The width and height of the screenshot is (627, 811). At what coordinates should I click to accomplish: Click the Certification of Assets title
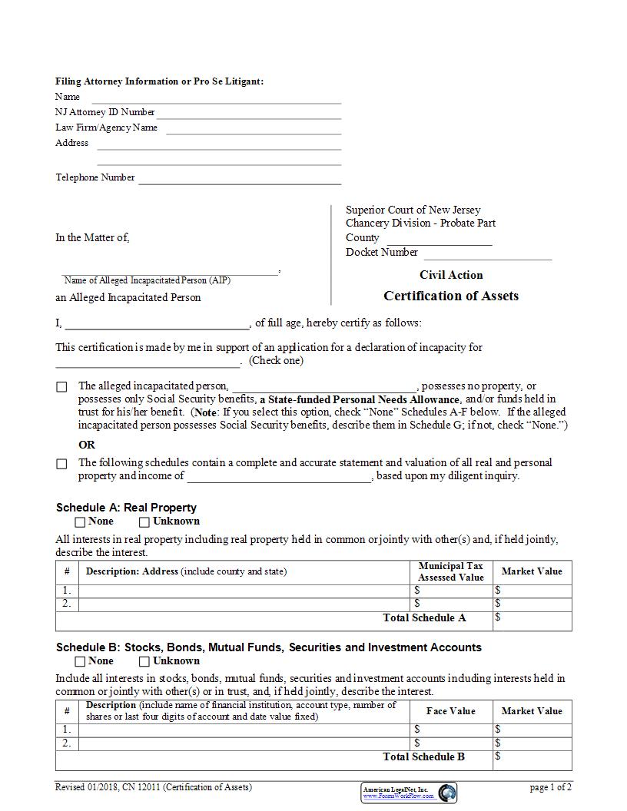(x=451, y=296)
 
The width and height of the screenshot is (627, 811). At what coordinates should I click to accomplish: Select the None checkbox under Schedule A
(x=81, y=522)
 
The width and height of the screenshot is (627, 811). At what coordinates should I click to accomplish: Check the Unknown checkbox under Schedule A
(x=144, y=522)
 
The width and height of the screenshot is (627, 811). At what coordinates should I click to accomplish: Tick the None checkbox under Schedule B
(x=81, y=661)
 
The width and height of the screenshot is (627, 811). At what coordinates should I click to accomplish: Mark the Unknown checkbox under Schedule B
(x=144, y=661)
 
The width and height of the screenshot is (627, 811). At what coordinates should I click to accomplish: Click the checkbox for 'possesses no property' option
(x=61, y=387)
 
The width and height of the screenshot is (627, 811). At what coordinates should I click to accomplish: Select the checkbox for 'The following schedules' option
(x=61, y=464)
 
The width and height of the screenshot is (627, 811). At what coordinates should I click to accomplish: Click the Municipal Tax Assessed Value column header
(x=451, y=571)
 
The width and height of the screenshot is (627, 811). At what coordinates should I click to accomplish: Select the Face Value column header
(x=451, y=711)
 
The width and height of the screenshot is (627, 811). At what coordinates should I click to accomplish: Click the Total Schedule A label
(x=424, y=617)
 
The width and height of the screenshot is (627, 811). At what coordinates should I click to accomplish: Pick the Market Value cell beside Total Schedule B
(x=532, y=759)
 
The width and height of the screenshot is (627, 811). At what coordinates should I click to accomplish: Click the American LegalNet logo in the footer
(x=409, y=792)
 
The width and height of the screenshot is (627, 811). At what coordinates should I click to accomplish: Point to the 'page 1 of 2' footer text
(x=550, y=787)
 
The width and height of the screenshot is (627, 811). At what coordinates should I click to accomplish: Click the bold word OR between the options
(x=87, y=445)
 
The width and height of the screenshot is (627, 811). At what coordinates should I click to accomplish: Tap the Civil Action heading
(x=451, y=275)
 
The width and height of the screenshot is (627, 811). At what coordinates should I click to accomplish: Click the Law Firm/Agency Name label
(x=106, y=127)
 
